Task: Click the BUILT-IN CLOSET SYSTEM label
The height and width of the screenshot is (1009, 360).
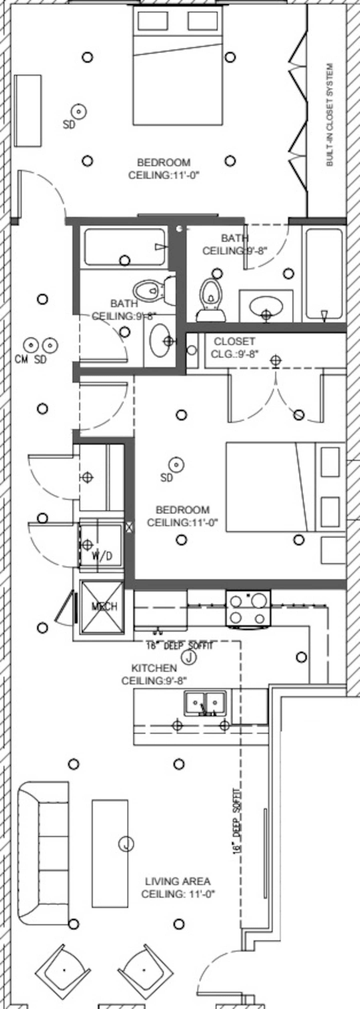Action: [330, 115]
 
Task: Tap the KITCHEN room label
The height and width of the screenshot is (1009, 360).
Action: [154, 668]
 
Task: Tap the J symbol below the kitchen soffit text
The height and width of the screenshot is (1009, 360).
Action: [189, 658]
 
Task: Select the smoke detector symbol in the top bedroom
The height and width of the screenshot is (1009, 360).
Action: [79, 112]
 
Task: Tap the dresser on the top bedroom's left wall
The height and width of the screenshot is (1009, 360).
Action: [28, 111]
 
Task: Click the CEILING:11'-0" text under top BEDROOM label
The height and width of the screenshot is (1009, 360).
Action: [164, 175]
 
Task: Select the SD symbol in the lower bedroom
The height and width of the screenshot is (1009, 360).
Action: [176, 465]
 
